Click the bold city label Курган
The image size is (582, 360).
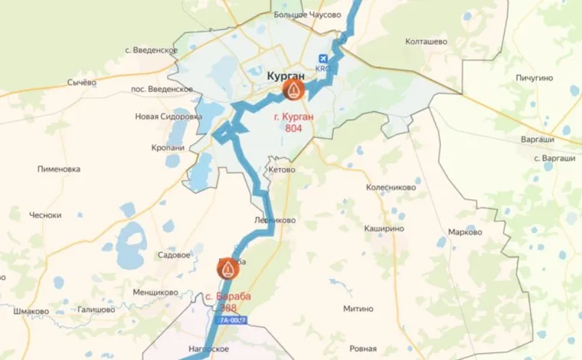click(286, 77)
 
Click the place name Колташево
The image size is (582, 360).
click(426, 42)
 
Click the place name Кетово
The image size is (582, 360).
click(282, 169)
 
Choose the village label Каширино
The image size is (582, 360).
click(384, 228)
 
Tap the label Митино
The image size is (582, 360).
click(358, 308)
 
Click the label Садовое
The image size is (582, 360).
click(172, 254)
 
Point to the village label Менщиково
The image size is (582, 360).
click(155, 292)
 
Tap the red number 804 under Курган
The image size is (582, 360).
click(294, 129)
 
